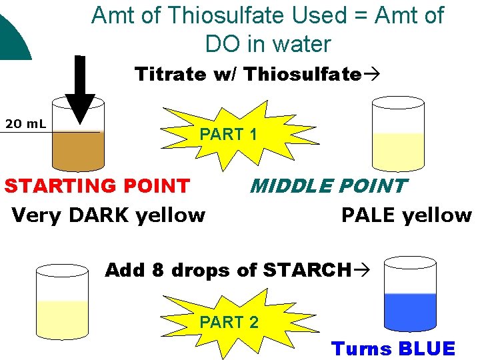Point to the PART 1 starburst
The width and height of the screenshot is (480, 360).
pyautogui.click(x=228, y=134)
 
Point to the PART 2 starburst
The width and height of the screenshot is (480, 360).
pyautogui.click(x=228, y=322)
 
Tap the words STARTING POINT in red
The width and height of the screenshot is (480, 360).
pyautogui.click(x=97, y=185)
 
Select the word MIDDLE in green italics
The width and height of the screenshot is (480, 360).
pyautogui.click(x=291, y=185)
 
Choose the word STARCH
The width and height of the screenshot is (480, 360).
pyautogui.click(x=306, y=270)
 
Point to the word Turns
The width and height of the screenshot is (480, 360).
pyautogui.click(x=361, y=348)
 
